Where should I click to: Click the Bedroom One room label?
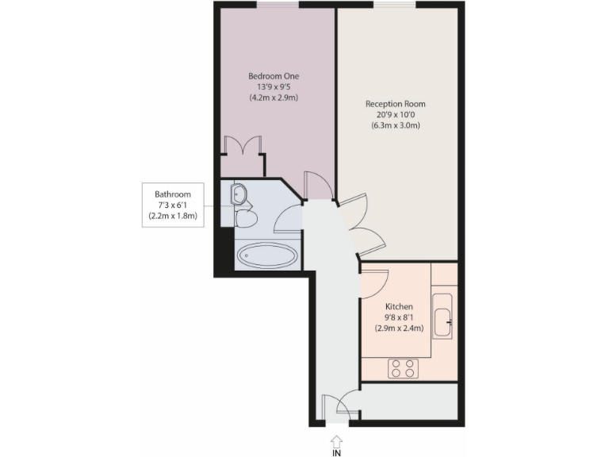coord(274,76)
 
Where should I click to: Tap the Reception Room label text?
coord(396,104)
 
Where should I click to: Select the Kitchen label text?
coord(399,306)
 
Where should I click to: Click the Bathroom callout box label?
coord(172,194)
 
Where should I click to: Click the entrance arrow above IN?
coord(336,439)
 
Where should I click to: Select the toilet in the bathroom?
coord(247,218)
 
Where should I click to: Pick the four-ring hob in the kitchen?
coord(402,368)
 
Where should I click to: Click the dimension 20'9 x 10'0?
coord(396,115)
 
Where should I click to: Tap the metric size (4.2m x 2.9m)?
coord(274,98)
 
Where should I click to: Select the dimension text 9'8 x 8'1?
coord(399,317)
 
